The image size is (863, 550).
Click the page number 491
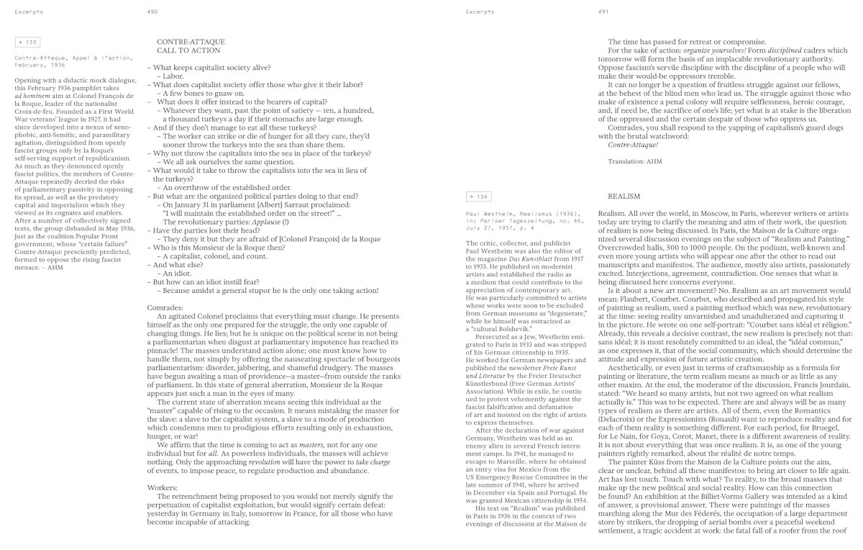tap(603, 12)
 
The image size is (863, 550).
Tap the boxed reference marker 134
tap(478, 196)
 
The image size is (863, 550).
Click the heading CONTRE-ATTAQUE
tap(191, 42)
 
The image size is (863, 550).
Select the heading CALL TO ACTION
tap(188, 51)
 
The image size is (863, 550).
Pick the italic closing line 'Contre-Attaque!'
tap(633, 145)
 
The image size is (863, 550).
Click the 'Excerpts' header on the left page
tap(27, 12)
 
